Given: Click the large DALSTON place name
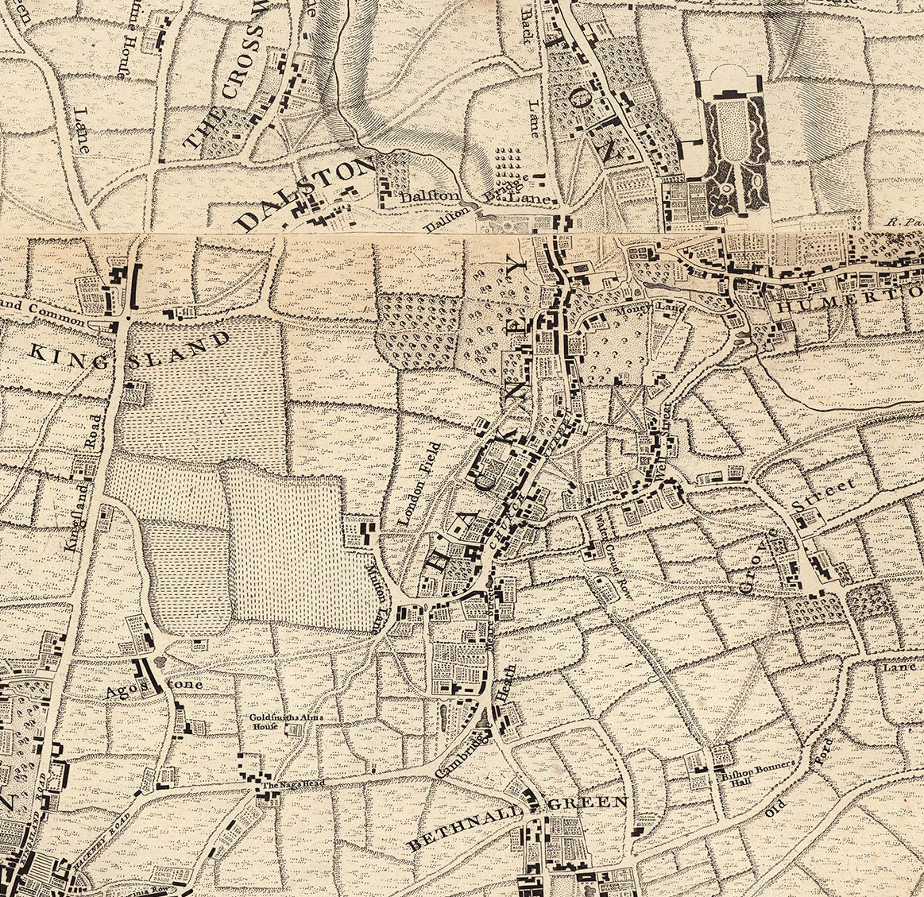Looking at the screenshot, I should click(305, 192).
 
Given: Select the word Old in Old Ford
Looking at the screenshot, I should click(774, 808).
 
